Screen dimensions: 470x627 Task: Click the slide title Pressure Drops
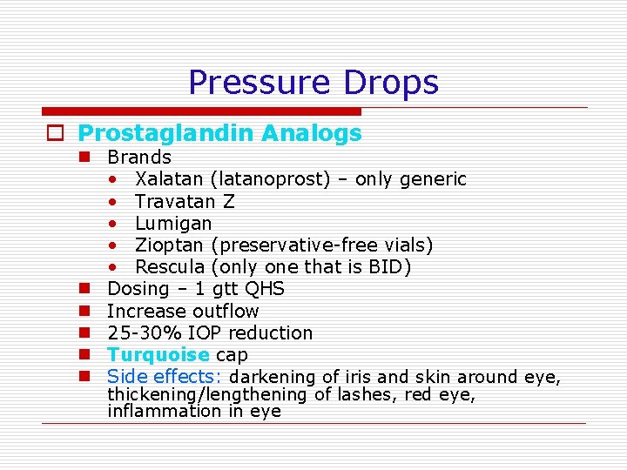313,83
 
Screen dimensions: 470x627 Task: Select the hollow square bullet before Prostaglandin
56,134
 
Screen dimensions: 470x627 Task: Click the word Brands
139,158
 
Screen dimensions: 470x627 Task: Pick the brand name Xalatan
169,179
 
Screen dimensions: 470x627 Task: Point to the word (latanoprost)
270,179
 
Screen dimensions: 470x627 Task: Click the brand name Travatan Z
185,201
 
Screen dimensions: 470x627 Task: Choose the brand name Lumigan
173,224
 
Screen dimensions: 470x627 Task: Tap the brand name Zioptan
168,245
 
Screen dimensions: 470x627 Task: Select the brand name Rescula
170,267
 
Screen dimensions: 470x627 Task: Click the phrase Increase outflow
183,311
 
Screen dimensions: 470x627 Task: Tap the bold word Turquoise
158,355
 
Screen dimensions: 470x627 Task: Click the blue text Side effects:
165,377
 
